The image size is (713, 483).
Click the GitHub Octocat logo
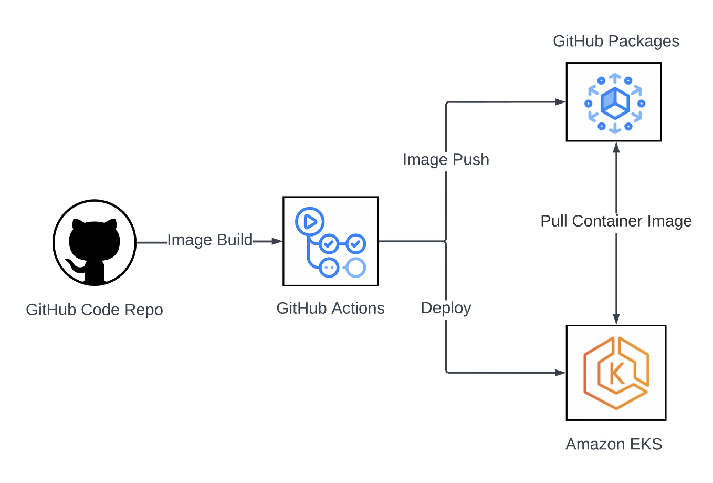click(x=95, y=242)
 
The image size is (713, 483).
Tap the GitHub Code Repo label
click(x=95, y=310)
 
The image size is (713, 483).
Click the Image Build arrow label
click(x=210, y=240)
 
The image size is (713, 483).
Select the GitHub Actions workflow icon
click(x=330, y=241)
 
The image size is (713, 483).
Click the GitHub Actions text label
click(x=330, y=308)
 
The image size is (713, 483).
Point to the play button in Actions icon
click(x=310, y=221)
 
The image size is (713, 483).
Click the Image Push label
click(x=446, y=159)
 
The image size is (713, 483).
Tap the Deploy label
click(x=446, y=308)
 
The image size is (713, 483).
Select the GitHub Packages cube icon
click(x=614, y=102)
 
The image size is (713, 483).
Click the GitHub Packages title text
click(x=616, y=41)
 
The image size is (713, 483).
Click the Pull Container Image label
click(x=616, y=221)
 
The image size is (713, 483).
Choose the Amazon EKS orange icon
click(x=616, y=372)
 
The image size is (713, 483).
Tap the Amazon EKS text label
click(x=614, y=445)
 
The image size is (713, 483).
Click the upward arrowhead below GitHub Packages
click(x=616, y=148)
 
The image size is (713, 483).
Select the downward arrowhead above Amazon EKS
click(x=616, y=318)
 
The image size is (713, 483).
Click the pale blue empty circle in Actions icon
click(x=356, y=268)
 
